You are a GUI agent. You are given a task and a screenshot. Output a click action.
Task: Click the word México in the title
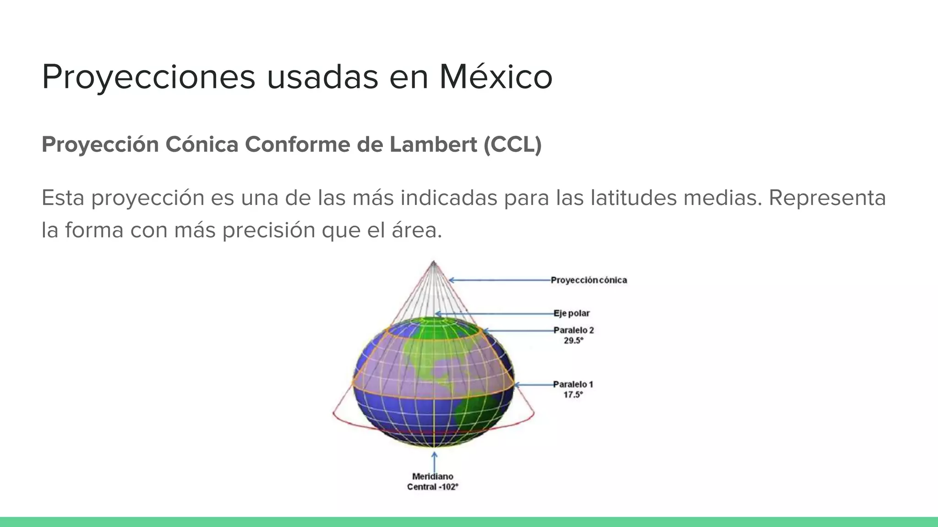(496, 77)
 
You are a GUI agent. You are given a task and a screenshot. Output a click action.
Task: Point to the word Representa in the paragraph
(827, 198)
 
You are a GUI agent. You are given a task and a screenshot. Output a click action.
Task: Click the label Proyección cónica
(589, 280)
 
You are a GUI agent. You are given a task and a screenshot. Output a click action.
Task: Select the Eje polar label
(572, 313)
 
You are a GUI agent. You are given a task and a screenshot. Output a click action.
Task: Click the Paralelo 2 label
(573, 330)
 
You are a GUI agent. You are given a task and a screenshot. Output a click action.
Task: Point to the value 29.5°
(573, 341)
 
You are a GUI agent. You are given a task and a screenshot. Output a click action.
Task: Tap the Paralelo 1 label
(573, 384)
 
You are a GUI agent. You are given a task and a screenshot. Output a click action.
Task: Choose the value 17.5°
(573, 395)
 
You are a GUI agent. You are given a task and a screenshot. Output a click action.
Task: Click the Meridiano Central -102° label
(433, 482)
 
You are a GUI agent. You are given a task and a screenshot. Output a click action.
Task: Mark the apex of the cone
(434, 262)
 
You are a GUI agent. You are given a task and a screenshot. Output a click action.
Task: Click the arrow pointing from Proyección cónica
(499, 280)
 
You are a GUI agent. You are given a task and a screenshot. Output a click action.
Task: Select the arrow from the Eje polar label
(495, 314)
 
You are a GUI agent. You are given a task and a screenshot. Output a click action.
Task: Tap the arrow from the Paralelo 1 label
(534, 385)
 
